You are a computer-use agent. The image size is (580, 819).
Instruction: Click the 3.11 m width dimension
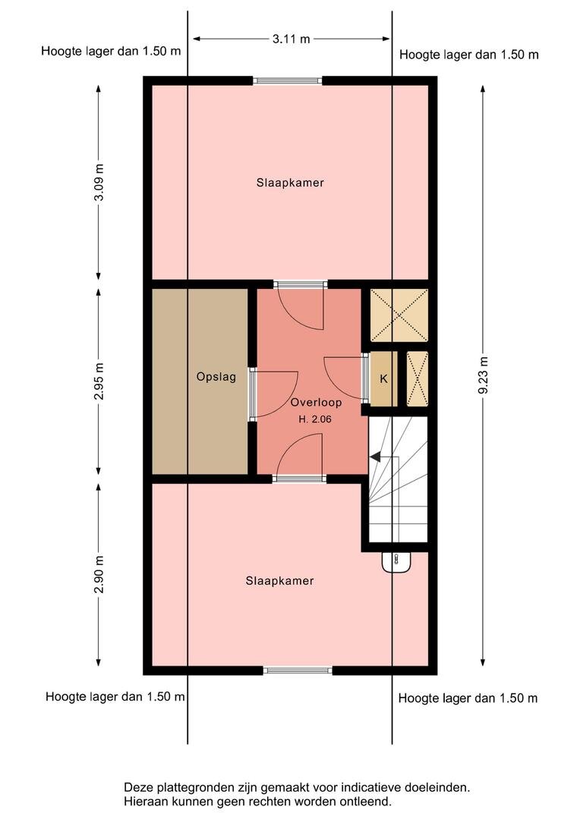click(292, 39)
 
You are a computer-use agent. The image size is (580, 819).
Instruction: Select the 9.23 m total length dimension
click(483, 375)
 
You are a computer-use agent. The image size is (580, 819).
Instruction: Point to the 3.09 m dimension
click(99, 182)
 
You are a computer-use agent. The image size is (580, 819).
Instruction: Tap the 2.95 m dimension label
click(99, 381)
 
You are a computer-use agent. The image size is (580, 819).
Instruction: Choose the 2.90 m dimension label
click(99, 575)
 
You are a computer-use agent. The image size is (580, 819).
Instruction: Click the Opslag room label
click(216, 377)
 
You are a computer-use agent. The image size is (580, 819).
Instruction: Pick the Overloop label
click(316, 402)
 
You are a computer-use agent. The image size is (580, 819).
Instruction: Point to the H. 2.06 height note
click(315, 419)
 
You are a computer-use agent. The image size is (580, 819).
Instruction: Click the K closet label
click(383, 378)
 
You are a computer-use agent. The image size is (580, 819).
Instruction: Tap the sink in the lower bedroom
click(396, 563)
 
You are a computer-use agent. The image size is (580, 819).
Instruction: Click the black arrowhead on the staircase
click(375, 457)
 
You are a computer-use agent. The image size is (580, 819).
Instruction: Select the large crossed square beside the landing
click(399, 315)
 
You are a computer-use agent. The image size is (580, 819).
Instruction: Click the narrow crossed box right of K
click(418, 378)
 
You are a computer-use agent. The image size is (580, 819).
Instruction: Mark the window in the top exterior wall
click(287, 80)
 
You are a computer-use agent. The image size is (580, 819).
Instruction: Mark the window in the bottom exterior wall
click(297, 670)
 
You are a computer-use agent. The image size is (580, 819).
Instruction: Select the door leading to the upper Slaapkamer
click(300, 306)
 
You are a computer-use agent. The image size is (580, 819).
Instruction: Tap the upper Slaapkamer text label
click(290, 183)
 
